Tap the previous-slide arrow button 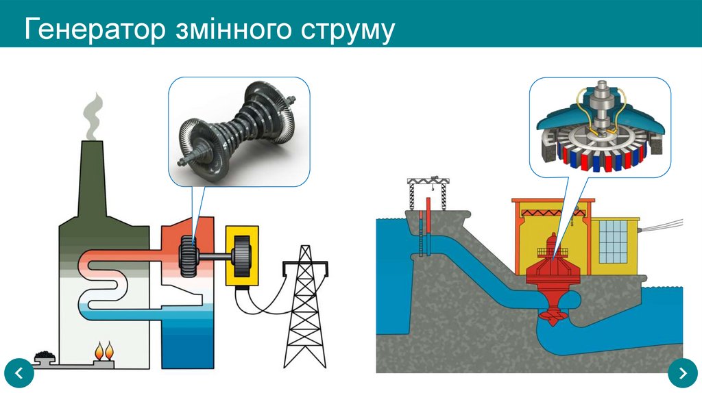(x=19, y=373)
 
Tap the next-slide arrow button (x=683, y=373)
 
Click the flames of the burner (x=104, y=351)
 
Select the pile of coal (x=45, y=356)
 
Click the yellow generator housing (x=242, y=256)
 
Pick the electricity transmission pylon (x=305, y=307)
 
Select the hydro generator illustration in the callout (x=601, y=127)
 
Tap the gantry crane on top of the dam (x=428, y=193)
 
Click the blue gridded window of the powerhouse (x=614, y=242)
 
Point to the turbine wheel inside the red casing (x=189, y=257)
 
